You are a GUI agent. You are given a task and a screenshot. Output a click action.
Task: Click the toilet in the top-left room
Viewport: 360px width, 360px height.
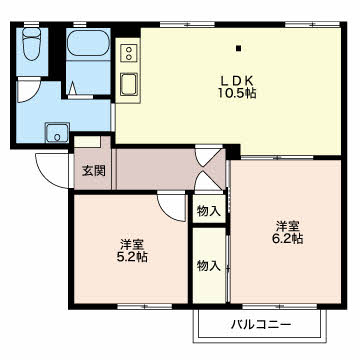click(32, 44)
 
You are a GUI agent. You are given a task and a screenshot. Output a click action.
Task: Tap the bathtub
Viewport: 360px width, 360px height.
click(88, 43)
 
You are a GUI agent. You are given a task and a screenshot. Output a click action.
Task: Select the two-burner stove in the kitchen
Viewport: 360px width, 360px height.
click(129, 53)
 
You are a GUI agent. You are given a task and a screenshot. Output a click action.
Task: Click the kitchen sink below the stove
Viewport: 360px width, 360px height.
click(129, 84)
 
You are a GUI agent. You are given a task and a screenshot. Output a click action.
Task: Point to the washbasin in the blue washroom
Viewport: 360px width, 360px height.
click(57, 133)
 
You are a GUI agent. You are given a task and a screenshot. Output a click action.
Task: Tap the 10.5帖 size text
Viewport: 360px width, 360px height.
click(237, 93)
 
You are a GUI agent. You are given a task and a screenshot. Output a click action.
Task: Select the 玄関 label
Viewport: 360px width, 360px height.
click(94, 171)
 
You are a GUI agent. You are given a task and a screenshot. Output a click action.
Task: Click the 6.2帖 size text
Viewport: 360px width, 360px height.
click(287, 238)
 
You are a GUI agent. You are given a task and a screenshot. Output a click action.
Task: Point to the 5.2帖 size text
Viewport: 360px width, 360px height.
click(132, 257)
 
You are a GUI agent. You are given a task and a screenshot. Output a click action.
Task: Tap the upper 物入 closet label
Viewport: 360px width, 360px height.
click(209, 211)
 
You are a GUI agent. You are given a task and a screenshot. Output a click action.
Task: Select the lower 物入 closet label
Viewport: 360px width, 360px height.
click(209, 266)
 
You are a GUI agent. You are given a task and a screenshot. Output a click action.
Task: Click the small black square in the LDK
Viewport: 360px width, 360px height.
click(238, 48)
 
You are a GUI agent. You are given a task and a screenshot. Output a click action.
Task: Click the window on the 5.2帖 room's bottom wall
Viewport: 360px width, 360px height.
click(145, 306)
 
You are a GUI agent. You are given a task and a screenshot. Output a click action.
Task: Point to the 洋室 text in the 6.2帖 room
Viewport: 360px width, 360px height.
click(287, 227)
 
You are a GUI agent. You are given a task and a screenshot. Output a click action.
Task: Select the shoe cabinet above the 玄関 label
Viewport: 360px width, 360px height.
click(87, 142)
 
